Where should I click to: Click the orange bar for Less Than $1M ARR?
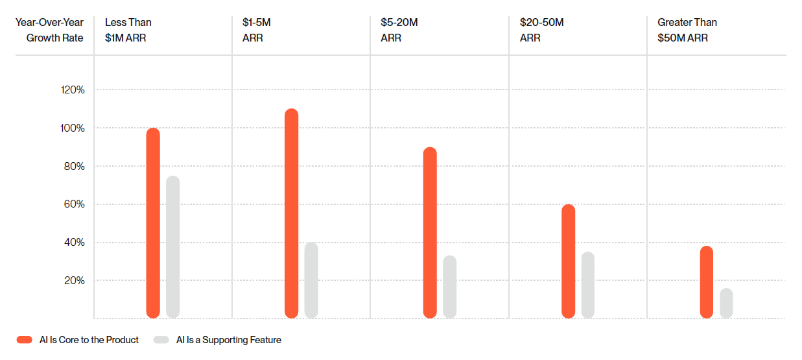coord(153,223)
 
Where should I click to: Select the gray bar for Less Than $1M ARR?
coord(172,247)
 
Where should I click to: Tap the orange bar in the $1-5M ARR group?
coord(292,213)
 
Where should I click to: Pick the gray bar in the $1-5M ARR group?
coord(311,280)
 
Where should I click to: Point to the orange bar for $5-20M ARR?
coord(430,233)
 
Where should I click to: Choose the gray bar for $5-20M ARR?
coord(450,287)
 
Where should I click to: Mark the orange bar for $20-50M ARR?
coord(569,261)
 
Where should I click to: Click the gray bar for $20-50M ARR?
coord(588,285)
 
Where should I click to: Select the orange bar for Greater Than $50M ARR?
coord(707,282)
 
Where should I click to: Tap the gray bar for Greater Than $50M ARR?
coord(726,303)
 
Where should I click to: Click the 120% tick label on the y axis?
coord(73,90)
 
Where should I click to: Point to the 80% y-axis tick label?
coord(74,167)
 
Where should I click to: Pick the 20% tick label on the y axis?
coord(74,281)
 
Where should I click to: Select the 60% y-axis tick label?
coord(74,204)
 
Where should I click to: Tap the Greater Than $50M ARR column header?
coord(687,30)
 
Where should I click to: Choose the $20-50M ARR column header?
coord(541,30)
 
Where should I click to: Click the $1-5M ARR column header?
coord(256,30)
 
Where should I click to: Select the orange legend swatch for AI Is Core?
coord(25,340)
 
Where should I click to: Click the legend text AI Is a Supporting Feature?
coord(228,340)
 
